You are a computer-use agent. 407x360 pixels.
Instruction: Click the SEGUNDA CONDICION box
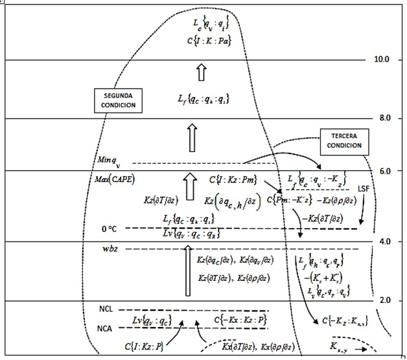117,98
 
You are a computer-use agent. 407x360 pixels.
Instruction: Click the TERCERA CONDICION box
342,140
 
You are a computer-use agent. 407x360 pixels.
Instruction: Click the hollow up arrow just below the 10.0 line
201,73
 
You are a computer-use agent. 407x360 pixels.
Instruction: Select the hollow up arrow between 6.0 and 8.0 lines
191,137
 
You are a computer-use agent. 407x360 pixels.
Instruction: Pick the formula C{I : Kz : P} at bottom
145,346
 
